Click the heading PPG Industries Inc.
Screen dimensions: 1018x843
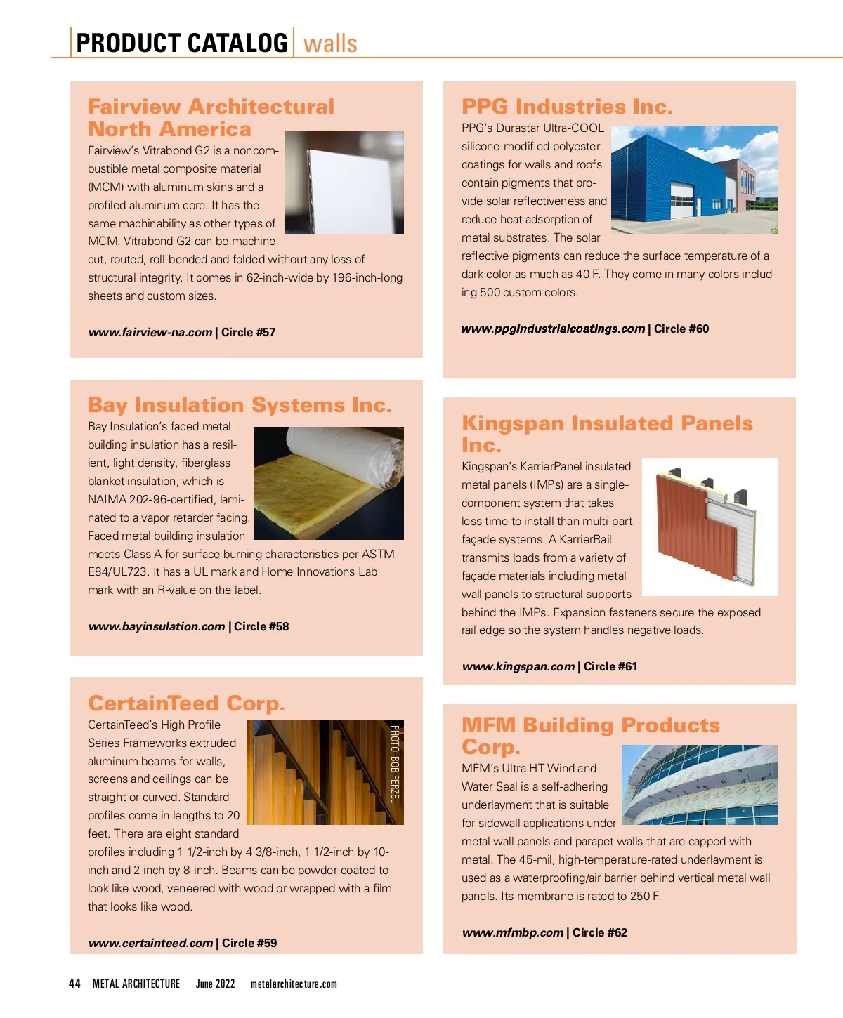click(566, 107)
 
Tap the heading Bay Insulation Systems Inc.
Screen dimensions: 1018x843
click(240, 405)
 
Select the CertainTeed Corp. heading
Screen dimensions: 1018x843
click(186, 703)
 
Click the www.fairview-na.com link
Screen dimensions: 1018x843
click(150, 333)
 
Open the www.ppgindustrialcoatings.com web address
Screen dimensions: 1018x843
click(553, 329)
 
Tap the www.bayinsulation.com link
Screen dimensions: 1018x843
click(157, 626)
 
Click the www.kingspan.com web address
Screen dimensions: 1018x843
click(518, 666)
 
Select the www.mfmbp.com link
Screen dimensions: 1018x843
click(513, 932)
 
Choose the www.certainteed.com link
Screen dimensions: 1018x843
click(150, 943)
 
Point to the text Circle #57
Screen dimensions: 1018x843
click(248, 333)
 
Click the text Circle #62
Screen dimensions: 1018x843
click(599, 932)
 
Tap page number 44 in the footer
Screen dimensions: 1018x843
click(74, 984)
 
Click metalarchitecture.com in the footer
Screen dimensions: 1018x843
click(294, 984)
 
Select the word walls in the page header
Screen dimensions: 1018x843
click(330, 44)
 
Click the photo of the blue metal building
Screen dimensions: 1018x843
click(694, 179)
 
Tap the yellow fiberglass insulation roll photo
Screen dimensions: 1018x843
click(329, 483)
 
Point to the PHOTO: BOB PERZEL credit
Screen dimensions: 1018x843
click(395, 763)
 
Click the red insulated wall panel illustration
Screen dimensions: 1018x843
click(710, 527)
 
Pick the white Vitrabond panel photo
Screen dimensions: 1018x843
click(344, 183)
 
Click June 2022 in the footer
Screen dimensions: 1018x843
click(215, 984)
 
